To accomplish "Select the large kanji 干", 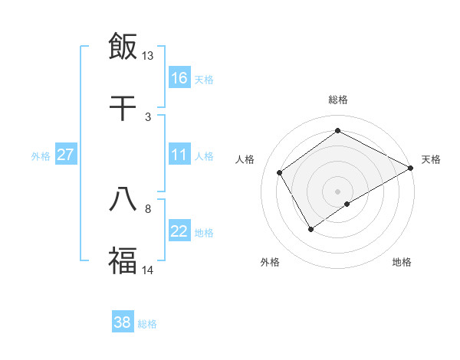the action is pyautogui.click(x=123, y=107).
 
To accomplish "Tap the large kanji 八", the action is pyautogui.click(x=123, y=198).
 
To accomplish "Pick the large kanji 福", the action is pyautogui.click(x=123, y=260).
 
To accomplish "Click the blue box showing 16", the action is pyautogui.click(x=179, y=78).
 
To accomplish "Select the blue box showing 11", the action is pyautogui.click(x=179, y=155).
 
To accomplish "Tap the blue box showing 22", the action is pyautogui.click(x=179, y=232).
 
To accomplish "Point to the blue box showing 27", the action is pyautogui.click(x=66, y=155).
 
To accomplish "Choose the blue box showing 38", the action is pyautogui.click(x=123, y=322).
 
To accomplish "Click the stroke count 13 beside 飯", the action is pyautogui.click(x=147, y=56).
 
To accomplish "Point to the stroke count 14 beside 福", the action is pyautogui.click(x=147, y=270).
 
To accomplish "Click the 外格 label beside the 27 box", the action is pyautogui.click(x=41, y=155).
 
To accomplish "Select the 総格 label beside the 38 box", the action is pyautogui.click(x=147, y=324).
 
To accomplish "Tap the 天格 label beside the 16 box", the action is pyautogui.click(x=204, y=79).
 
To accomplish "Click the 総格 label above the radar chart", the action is pyautogui.click(x=338, y=100).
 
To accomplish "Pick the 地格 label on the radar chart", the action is pyautogui.click(x=402, y=262).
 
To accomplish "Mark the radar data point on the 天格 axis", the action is pyautogui.click(x=411, y=169).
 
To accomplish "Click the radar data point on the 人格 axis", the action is pyautogui.click(x=280, y=172).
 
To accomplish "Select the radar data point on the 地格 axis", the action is pyautogui.click(x=347, y=204).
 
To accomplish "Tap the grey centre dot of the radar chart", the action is pyautogui.click(x=338, y=190).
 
